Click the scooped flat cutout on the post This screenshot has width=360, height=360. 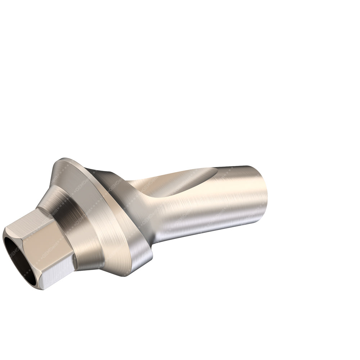(x=173, y=184)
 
